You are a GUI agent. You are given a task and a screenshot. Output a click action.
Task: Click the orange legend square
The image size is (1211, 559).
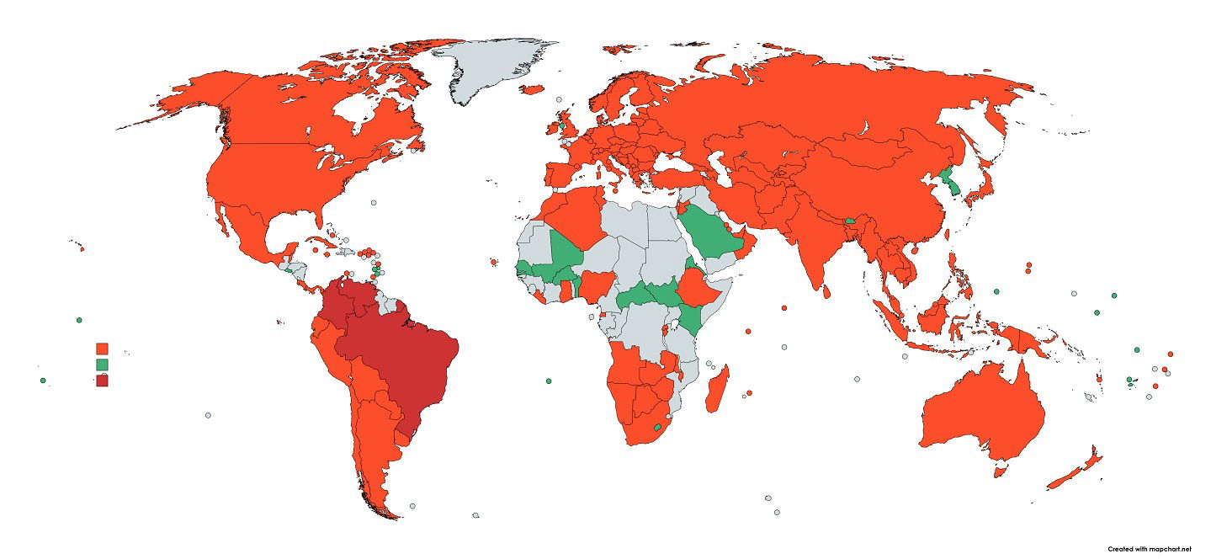(x=102, y=349)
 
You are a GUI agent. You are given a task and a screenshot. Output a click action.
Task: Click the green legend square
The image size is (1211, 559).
(x=102, y=365)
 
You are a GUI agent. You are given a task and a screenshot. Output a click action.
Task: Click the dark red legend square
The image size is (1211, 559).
(x=102, y=381)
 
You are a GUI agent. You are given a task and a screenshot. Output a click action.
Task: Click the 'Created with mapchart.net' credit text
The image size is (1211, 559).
(x=1150, y=549)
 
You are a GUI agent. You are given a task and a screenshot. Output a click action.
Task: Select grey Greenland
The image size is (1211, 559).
(x=488, y=67)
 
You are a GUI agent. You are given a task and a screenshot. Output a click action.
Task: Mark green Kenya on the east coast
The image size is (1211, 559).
(x=692, y=318)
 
